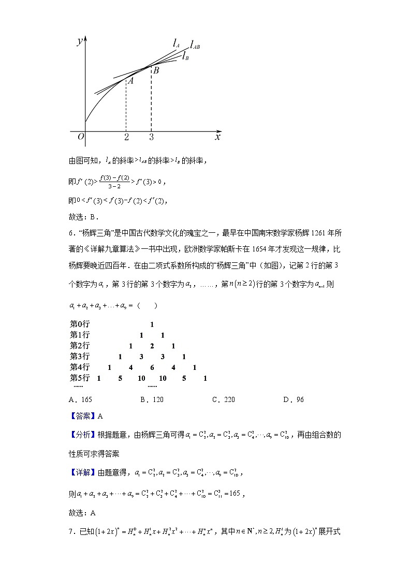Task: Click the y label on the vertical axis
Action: coord(80,42)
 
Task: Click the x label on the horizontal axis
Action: coord(217,137)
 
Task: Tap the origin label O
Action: coord(80,137)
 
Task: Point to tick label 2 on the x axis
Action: coord(126,138)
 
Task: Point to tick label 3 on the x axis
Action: coord(151,138)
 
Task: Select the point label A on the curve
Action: coord(131,81)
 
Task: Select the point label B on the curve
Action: coord(156,70)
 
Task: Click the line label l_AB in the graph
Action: coord(195,46)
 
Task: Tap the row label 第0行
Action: coord(80,324)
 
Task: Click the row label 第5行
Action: coord(80,378)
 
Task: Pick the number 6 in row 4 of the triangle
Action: coord(152,367)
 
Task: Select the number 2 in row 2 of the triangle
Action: coord(152,346)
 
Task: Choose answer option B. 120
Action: coord(152,399)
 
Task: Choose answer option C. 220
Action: coord(223,399)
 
